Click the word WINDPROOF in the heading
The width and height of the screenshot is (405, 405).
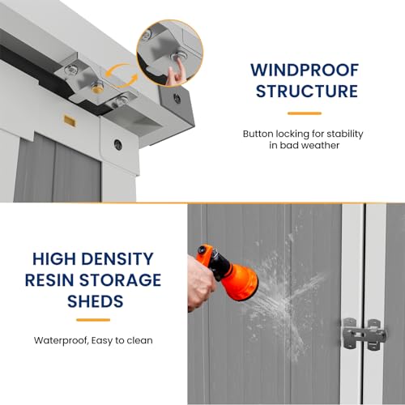pyautogui.click(x=305, y=70)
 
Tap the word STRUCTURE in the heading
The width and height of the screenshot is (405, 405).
pyautogui.click(x=307, y=91)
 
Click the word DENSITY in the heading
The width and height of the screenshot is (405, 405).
pyautogui.click(x=117, y=259)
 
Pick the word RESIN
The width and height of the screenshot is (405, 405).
pyautogui.click(x=49, y=280)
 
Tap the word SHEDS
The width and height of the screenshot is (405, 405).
pyautogui.click(x=96, y=301)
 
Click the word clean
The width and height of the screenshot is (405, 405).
pyautogui.click(x=139, y=340)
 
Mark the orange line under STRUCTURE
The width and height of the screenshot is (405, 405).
pyautogui.click(x=305, y=113)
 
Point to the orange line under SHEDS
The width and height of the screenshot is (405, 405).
pyautogui.click(x=93, y=320)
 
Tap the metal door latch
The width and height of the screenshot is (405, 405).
pyautogui.click(x=364, y=334)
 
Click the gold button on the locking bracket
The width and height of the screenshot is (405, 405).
pyautogui.click(x=97, y=87)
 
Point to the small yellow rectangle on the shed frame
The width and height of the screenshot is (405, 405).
pyautogui.click(x=70, y=121)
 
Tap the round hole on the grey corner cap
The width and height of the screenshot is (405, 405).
pyautogui.click(x=177, y=98)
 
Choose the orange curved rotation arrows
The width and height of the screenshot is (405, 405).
pyautogui.click(x=122, y=75)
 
